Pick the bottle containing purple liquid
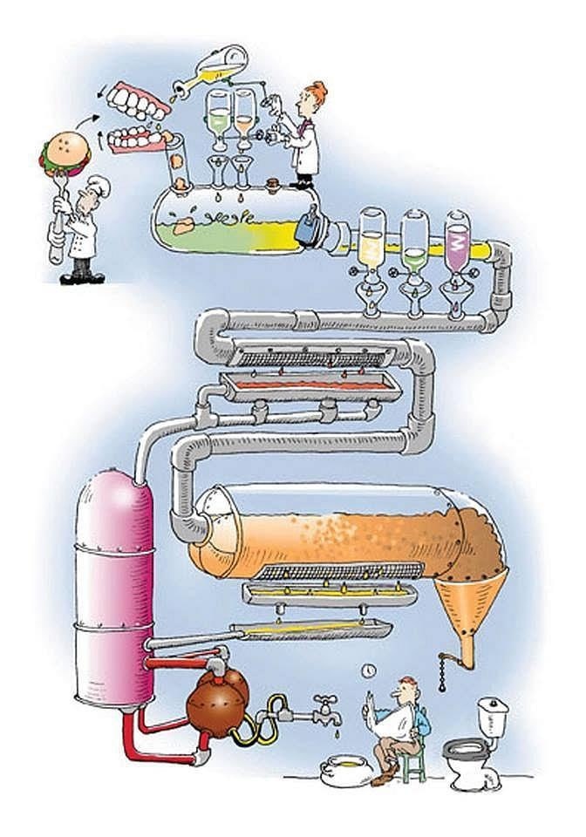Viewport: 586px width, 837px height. pyautogui.click(x=457, y=239)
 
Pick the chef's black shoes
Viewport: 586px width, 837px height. pyautogui.click(x=82, y=278)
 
